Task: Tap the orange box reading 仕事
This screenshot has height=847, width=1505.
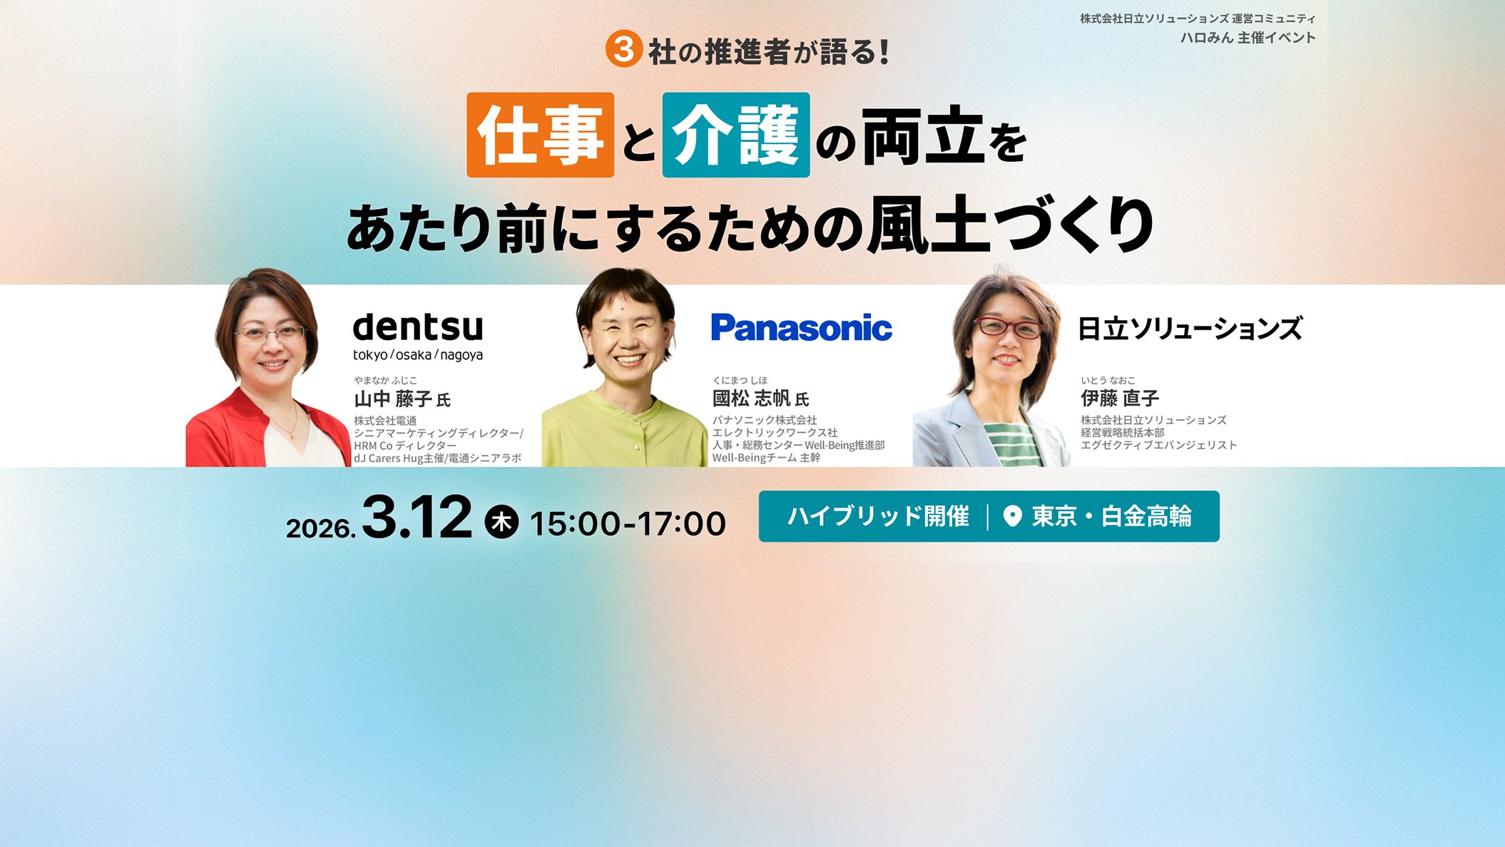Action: [540, 135]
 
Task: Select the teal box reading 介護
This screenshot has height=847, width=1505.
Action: [735, 135]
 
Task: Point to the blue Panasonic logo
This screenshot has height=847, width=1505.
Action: [801, 328]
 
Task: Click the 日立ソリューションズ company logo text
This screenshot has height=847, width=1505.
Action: [1190, 329]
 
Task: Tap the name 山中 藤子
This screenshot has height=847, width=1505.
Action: [393, 399]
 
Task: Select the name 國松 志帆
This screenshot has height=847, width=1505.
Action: [752, 399]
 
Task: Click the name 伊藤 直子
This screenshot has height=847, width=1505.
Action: [1119, 398]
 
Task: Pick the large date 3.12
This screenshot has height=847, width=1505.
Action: [417, 517]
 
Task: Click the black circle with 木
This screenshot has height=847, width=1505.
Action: [501, 522]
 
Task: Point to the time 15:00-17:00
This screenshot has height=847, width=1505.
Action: [628, 524]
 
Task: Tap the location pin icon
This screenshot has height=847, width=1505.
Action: [1012, 516]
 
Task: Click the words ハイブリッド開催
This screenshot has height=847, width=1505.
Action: [878, 516]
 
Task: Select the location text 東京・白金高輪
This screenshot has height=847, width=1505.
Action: [1111, 516]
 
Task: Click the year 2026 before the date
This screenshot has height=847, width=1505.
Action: [320, 528]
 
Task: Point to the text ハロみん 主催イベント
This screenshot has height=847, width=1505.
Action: [1248, 38]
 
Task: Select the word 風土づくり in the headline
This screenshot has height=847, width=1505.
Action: [1009, 227]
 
